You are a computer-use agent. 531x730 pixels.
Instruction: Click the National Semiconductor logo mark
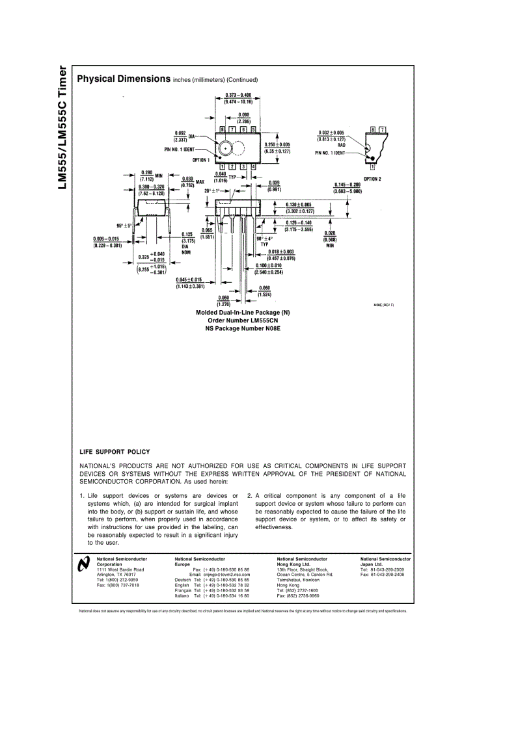coord(83,565)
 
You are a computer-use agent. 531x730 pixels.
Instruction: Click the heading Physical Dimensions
coord(123,79)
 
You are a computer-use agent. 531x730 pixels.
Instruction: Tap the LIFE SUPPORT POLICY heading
coord(115,452)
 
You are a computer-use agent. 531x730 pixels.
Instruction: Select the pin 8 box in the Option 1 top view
coord(223,130)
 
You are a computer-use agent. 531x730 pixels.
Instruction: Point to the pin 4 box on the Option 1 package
coord(253,167)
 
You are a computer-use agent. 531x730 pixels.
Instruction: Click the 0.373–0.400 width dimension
coord(238,95)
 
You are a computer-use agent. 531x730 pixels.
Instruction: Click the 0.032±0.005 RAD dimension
coord(331,133)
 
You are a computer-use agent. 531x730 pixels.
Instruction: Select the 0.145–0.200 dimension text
coord(347,185)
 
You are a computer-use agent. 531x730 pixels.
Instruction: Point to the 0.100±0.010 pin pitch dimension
coord(268,266)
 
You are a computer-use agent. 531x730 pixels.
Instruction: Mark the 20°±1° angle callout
coord(213,191)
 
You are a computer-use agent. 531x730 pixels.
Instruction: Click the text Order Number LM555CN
coord(243,320)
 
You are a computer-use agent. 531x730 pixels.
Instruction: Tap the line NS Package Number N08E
coord(243,328)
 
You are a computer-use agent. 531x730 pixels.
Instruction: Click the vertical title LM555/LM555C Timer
coord(62,127)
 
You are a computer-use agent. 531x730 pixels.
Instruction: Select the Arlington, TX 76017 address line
coord(116,575)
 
